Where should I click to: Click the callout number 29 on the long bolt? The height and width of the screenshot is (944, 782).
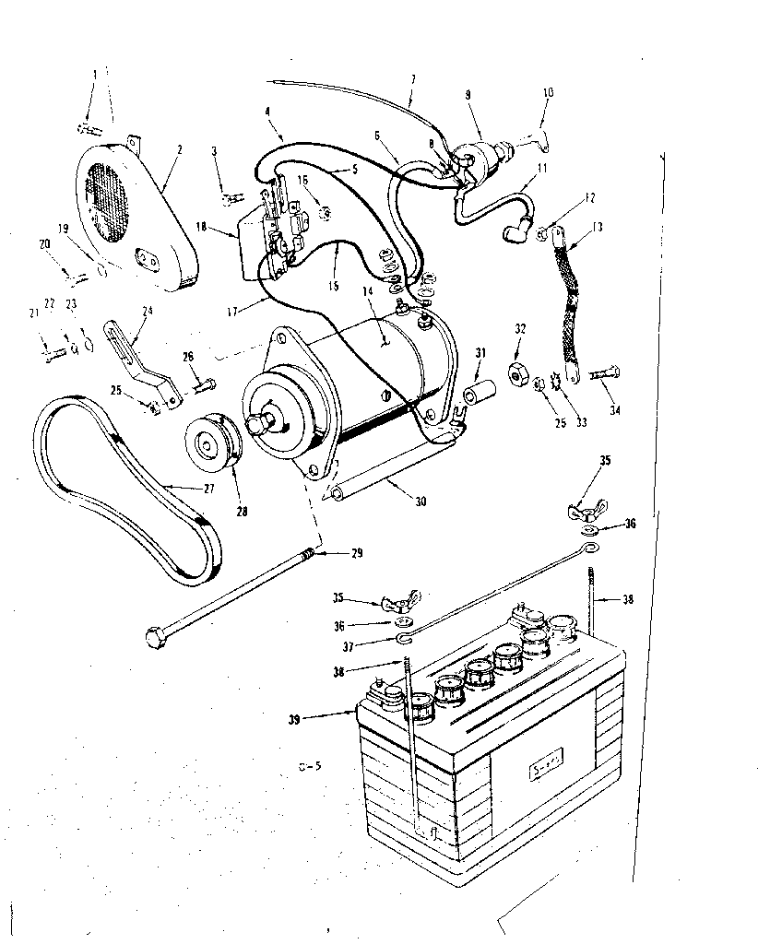click(x=355, y=553)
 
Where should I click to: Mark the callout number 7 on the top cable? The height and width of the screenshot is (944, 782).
click(x=412, y=80)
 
